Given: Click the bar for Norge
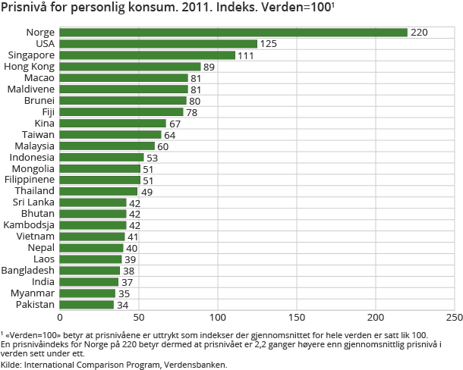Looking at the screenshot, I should click(x=233, y=33).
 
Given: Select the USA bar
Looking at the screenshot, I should click(x=158, y=44).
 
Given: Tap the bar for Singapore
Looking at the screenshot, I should click(x=147, y=55).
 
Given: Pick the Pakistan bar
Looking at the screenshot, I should click(x=87, y=305).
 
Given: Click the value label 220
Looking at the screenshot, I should click(x=419, y=33).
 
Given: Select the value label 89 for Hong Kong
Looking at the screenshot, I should click(x=209, y=67).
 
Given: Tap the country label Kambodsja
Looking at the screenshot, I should click(x=29, y=225).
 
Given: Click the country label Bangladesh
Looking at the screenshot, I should click(x=28, y=271).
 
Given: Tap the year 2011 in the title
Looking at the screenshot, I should click(x=197, y=10).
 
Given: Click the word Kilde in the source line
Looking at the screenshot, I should click(x=11, y=364).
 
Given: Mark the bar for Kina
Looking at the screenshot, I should click(x=112, y=124).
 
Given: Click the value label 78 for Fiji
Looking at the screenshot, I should click(x=192, y=112).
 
